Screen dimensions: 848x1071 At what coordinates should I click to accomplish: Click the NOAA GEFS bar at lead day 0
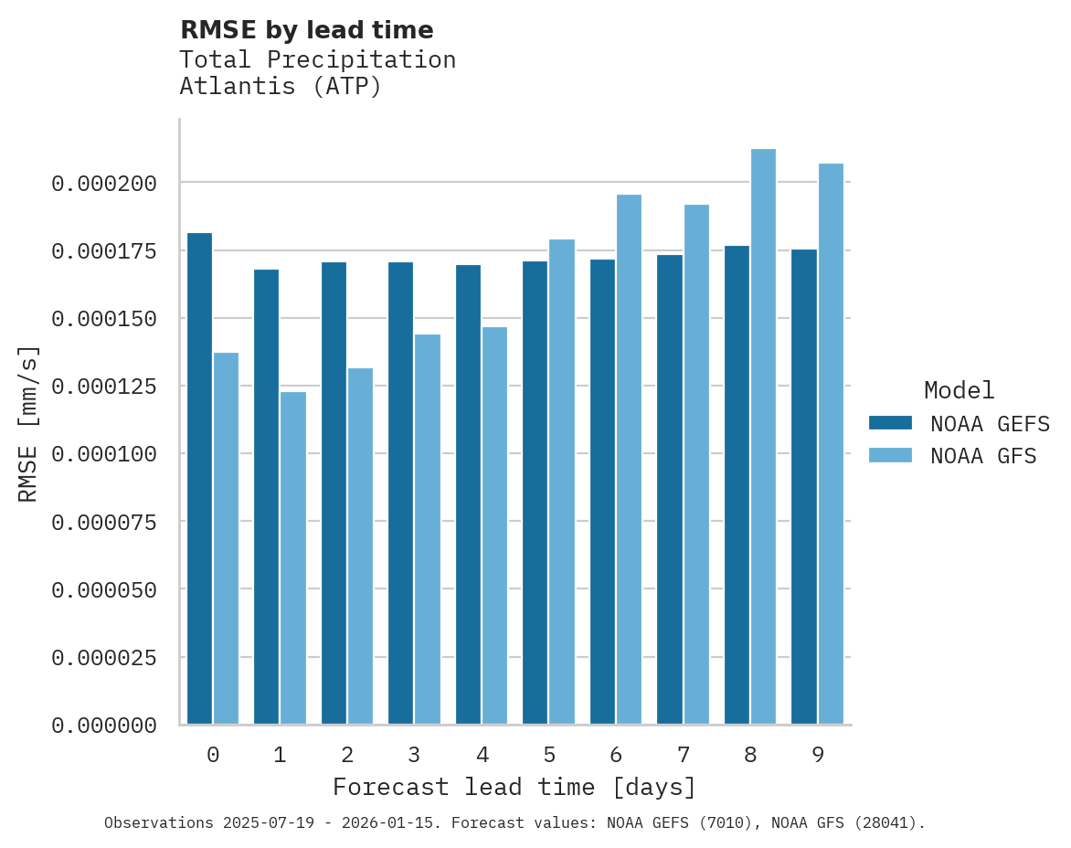(199, 479)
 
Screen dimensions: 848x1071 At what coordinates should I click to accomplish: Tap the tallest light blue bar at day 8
(763, 437)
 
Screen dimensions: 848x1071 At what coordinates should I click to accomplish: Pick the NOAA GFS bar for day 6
(629, 460)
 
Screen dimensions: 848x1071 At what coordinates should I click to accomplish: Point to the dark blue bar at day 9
(804, 487)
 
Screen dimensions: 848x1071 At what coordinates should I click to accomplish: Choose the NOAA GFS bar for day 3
(428, 529)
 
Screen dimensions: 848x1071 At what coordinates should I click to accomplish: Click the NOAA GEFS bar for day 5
(535, 493)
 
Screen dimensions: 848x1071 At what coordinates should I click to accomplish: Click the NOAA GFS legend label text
(983, 456)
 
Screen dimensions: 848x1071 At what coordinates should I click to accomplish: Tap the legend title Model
(959, 391)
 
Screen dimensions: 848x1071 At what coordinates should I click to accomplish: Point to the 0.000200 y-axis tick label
(104, 185)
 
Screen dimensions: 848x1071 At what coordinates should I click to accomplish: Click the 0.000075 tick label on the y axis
(104, 523)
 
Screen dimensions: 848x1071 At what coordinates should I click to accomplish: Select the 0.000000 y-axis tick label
(104, 726)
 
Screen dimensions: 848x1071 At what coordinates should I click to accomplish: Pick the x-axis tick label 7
(683, 756)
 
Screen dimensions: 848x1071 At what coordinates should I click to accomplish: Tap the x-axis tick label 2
(347, 756)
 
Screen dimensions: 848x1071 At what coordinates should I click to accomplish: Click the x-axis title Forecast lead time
(514, 787)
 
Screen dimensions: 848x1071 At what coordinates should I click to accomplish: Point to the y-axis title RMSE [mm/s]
(28, 424)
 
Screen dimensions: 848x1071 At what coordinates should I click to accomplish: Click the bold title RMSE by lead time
(306, 30)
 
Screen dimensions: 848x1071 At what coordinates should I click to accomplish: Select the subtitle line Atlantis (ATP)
(280, 87)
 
